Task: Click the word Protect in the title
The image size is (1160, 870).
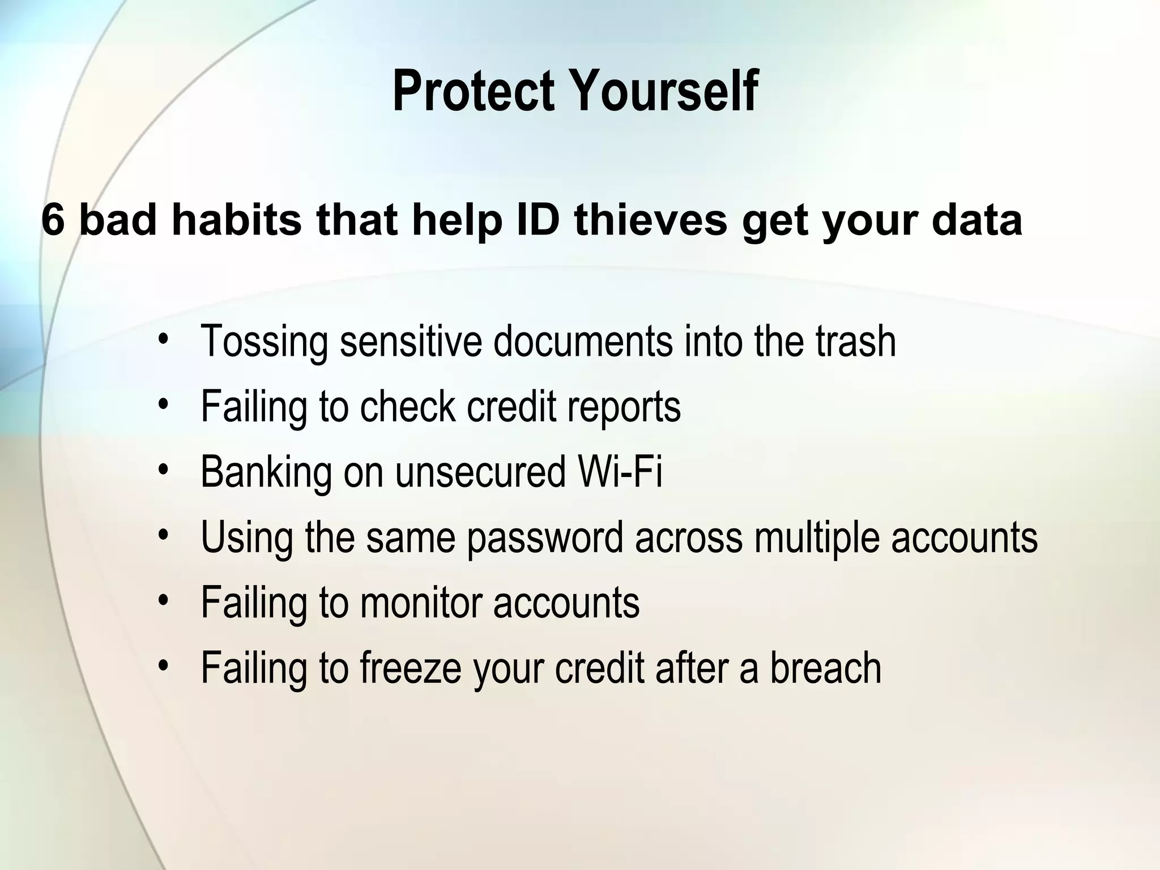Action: click(473, 92)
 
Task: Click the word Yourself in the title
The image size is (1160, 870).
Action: click(664, 92)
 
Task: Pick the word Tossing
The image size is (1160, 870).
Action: click(264, 342)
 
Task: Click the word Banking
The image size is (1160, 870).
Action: click(266, 472)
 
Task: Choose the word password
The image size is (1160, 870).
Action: click(545, 537)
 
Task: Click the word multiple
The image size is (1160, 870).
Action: click(816, 537)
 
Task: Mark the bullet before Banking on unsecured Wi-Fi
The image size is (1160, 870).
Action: click(164, 470)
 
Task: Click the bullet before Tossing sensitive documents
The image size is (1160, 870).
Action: click(164, 340)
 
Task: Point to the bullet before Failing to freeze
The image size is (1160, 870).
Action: click(164, 666)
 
